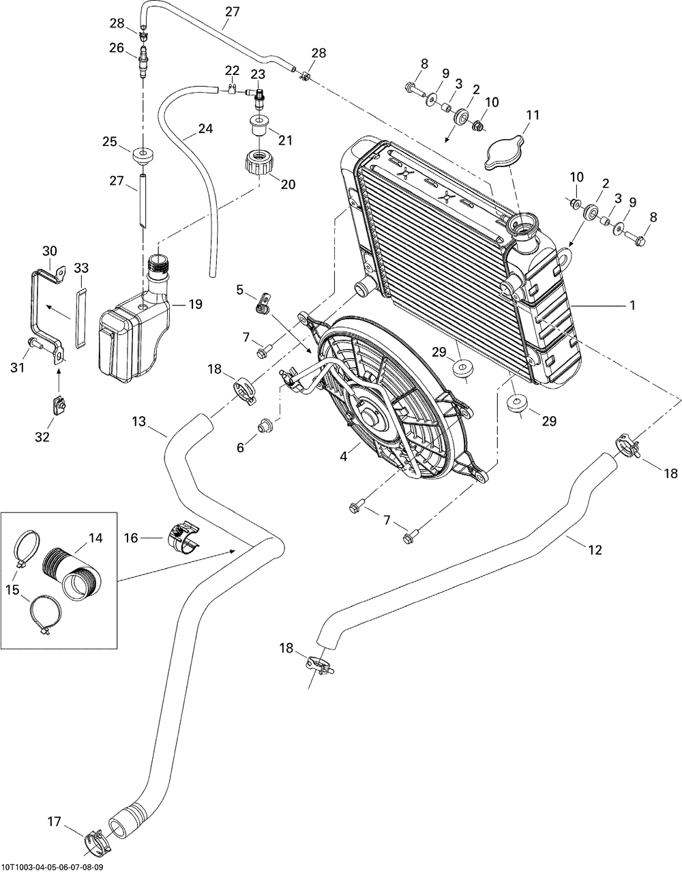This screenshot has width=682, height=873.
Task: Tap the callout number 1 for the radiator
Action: pyautogui.click(x=632, y=306)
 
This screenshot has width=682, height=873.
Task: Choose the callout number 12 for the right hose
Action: pyautogui.click(x=595, y=550)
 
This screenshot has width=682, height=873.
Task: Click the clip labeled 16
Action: pyautogui.click(x=184, y=535)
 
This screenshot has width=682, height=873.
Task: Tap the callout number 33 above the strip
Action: pyautogui.click(x=81, y=267)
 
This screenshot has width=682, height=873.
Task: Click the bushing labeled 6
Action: pyautogui.click(x=265, y=427)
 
